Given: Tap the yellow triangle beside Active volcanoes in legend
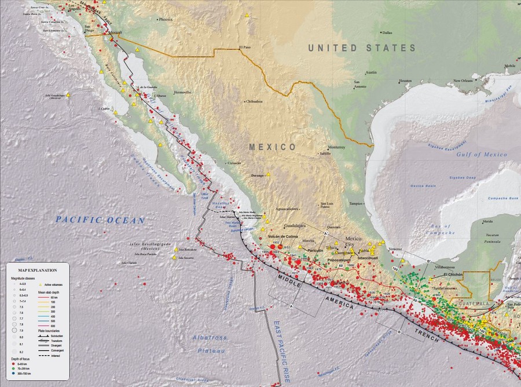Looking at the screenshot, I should (x=41, y=285).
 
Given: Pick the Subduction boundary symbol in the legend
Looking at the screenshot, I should (x=45, y=336).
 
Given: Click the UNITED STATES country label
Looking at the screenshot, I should (x=362, y=48).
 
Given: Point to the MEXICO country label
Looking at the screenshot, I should (x=273, y=147).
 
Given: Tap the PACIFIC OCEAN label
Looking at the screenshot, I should (x=100, y=220).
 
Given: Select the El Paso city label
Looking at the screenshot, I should (x=247, y=48).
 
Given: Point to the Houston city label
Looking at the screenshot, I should (x=405, y=81).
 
